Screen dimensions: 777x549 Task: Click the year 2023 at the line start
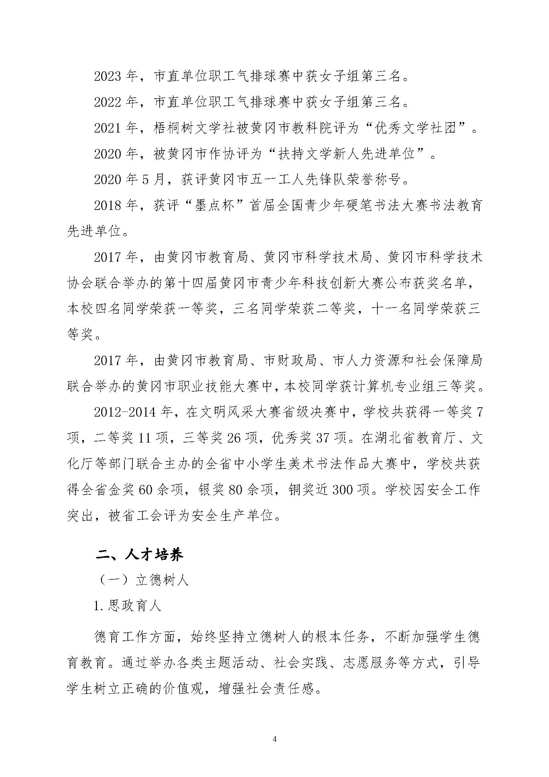[108, 76]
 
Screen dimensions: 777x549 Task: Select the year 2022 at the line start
[108, 102]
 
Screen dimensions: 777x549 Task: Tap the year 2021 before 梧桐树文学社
[108, 128]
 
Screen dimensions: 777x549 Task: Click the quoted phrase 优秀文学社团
[416, 128]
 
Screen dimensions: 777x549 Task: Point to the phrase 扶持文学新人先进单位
[347, 154]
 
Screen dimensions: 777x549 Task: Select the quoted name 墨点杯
[214, 206]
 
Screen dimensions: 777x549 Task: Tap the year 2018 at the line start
[108, 206]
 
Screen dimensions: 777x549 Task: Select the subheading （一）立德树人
[142, 580]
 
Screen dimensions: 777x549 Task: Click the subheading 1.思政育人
[127, 606]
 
